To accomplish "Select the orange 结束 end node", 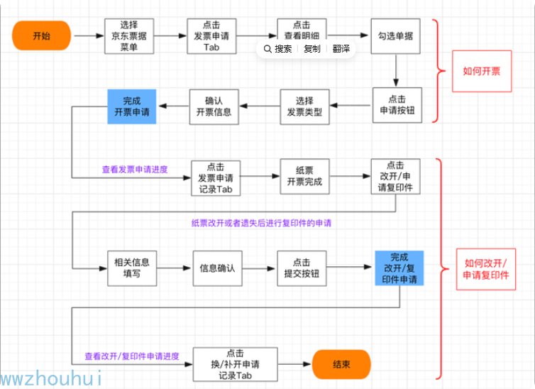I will pos(341,364).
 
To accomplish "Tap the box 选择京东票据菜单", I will pos(128,36).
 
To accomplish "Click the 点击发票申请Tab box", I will pos(211,36).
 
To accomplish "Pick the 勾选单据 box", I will pos(396,36).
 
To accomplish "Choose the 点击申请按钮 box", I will pos(397,105).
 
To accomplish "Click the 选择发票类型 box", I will pos(304,106).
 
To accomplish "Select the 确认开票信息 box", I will pos(214,106).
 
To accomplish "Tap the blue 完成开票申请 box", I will pos(131,106).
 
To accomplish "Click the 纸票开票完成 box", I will pos(304,176).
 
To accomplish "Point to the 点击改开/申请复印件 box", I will pos(395,176).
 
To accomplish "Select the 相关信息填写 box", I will pos(131,268).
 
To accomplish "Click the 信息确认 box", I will pos(218,268).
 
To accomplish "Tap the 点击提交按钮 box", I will pos(302,268).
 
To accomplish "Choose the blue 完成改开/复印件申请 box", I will pos(399,268).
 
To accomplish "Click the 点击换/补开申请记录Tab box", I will pos(236,364).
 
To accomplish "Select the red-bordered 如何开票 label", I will pos(482,71).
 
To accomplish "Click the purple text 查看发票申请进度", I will pos(135,170).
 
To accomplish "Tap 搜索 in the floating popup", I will pos(278,49).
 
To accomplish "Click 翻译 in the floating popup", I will pos(340,49).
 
